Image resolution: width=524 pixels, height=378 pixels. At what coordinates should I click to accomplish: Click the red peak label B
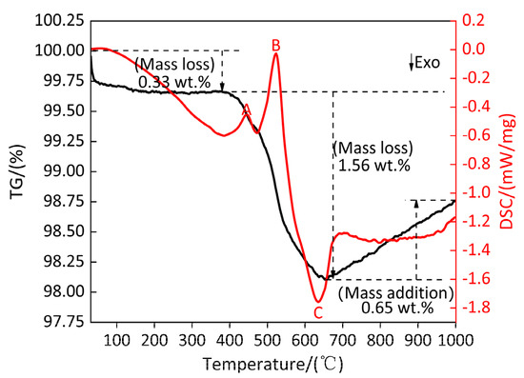coord(275,45)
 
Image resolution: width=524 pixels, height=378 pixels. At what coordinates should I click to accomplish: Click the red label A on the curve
coord(247,109)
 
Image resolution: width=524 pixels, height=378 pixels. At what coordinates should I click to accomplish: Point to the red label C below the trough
coord(318,313)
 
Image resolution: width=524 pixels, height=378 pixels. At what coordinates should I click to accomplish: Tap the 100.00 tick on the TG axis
coord(60,50)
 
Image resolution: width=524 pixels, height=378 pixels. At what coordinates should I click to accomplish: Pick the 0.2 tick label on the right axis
coord(473,21)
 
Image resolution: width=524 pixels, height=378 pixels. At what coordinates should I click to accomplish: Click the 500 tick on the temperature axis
coord(267,341)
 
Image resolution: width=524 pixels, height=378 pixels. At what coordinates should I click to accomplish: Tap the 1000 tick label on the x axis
coord(454,341)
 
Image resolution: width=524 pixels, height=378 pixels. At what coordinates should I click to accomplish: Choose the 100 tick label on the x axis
coord(116,341)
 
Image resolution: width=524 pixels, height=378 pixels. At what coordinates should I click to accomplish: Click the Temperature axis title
coord(273,364)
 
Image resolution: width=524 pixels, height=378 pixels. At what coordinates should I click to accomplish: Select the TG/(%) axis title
coord(17,171)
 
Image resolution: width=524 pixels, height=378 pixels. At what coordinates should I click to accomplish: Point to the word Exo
coord(427,63)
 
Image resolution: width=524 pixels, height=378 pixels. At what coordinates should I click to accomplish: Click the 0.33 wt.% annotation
coord(174,82)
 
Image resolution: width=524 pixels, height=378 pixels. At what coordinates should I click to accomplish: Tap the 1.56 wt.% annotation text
coord(374,165)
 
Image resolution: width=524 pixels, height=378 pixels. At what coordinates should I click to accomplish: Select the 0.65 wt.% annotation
coord(397,308)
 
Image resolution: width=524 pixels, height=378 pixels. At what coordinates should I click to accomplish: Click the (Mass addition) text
coord(396,293)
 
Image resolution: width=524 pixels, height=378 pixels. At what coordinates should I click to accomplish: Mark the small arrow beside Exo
coord(412,63)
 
